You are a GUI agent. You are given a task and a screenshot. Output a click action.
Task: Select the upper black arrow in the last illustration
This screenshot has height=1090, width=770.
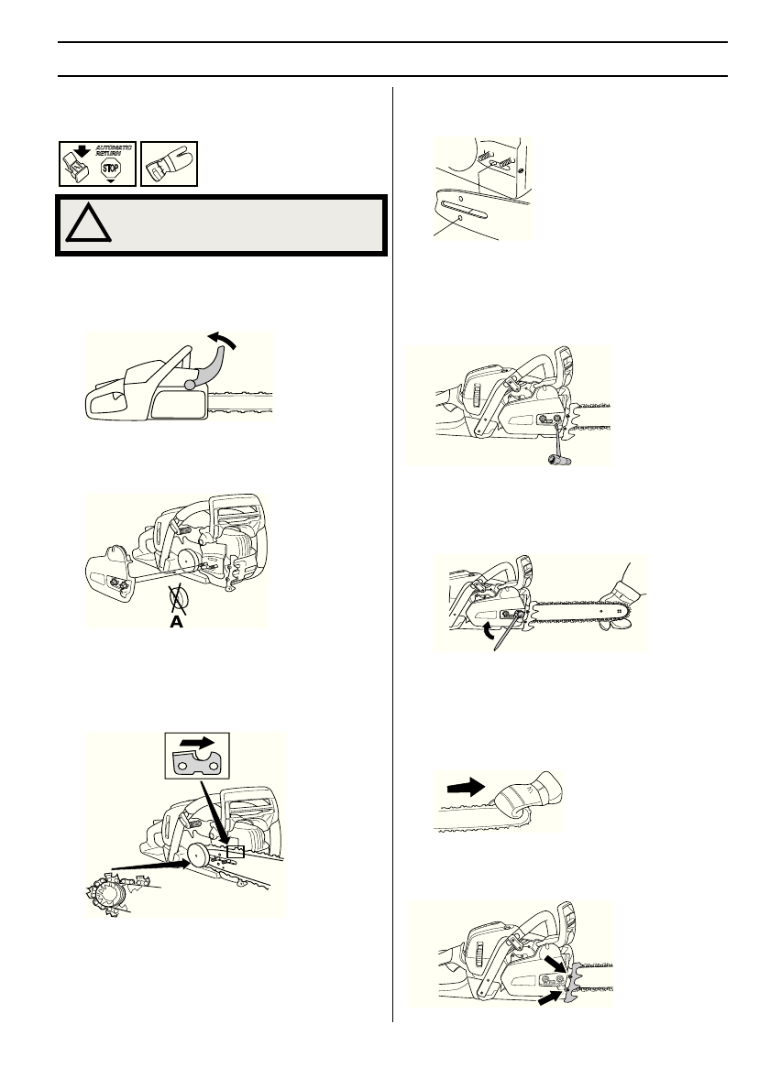554,959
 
